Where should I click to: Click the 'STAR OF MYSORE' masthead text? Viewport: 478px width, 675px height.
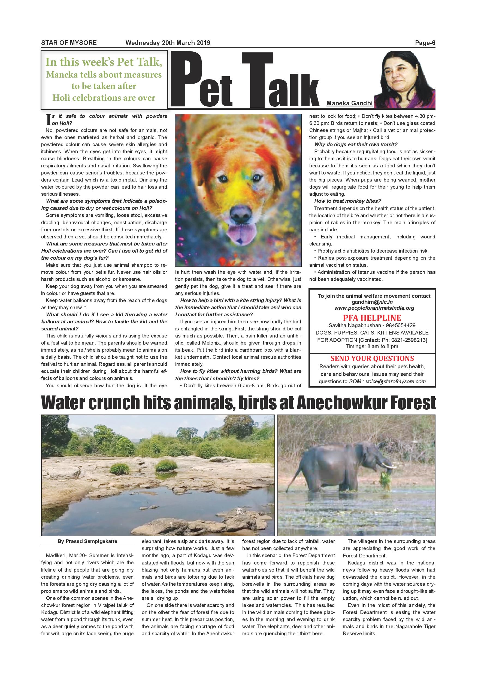pos(69,43)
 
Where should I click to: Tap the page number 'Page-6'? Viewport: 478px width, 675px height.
pos(425,43)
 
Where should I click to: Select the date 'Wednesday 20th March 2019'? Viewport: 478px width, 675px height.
pos(168,43)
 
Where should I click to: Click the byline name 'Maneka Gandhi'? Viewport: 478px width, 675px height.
pos(349,103)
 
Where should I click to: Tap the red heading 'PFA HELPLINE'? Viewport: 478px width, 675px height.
pos(372,318)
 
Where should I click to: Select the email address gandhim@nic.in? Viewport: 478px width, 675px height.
pos(372,302)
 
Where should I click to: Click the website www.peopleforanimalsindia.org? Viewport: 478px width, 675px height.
pos(374,308)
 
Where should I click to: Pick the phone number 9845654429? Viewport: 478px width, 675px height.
pos(402,326)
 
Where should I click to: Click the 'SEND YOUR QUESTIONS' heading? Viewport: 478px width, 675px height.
pos(372,358)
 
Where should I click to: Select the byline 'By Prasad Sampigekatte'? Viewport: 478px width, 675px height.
pos(87,541)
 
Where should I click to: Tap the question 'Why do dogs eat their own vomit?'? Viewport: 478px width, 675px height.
pos(356,144)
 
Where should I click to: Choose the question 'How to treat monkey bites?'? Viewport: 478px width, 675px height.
pos(347,201)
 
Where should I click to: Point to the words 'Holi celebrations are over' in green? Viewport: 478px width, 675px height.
pos(104,98)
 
